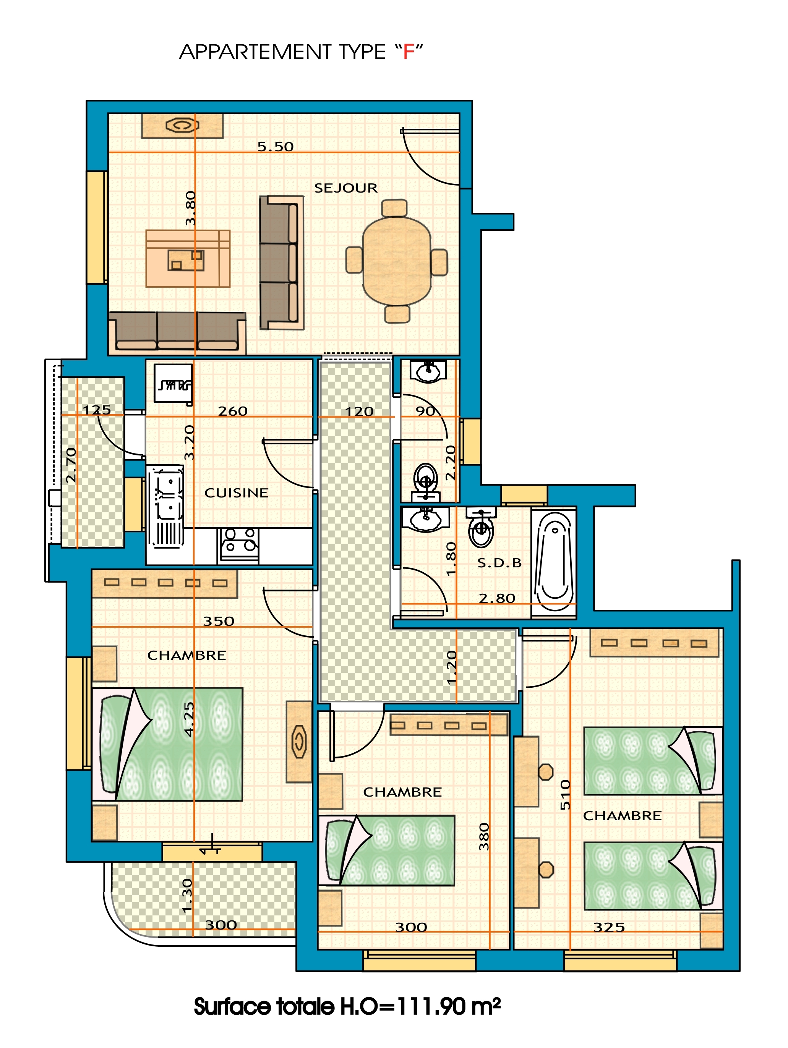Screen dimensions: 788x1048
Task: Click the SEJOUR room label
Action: pos(346,188)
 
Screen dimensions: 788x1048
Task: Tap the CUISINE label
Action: pos(237,493)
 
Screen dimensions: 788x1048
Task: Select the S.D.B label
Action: pos(499,563)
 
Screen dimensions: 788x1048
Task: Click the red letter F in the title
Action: pos(409,52)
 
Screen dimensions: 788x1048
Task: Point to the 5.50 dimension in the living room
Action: pos(275,146)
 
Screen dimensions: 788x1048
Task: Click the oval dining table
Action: pos(397,261)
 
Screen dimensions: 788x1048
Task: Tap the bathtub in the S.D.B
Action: pos(553,562)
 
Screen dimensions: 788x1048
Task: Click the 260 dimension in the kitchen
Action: pos(233,411)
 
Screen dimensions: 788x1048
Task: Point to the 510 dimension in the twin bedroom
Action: pos(565,795)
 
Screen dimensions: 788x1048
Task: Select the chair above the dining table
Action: pos(394,207)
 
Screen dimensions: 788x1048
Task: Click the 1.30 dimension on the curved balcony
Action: pos(188,896)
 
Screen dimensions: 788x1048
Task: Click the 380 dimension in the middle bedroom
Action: pos(483,837)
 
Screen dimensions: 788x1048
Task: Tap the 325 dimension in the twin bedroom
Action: pos(609,927)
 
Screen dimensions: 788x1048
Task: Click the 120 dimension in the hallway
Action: pos(359,411)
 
